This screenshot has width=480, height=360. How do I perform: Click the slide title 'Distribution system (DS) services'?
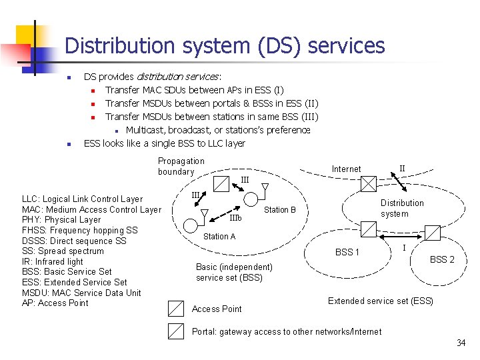[225, 45]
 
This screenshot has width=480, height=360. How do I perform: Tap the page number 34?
[461, 343]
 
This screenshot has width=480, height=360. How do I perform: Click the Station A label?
[219, 236]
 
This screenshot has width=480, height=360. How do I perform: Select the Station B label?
[280, 210]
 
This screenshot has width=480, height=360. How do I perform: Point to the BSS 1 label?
[347, 252]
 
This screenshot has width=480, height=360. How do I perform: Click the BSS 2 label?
[442, 259]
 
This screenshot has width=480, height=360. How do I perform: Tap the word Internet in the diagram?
[346, 169]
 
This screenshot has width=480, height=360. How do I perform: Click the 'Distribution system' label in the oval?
[402, 208]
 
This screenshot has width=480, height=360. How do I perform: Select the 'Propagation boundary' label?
[181, 166]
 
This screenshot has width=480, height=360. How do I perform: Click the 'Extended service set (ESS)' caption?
[381, 301]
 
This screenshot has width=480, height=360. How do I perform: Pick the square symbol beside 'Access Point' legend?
[175, 308]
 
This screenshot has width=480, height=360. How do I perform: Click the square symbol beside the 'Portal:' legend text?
[175, 331]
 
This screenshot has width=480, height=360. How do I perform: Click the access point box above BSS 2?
[433, 232]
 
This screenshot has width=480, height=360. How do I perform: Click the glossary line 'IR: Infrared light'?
[53, 261]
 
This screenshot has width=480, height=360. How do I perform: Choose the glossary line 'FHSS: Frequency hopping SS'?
[80, 230]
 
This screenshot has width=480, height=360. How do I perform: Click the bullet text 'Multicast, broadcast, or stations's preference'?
[218, 129]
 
